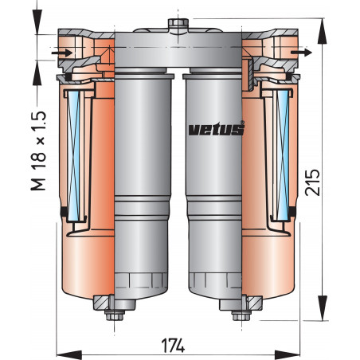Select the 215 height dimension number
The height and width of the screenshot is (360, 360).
313,183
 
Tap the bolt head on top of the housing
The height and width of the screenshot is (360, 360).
177,23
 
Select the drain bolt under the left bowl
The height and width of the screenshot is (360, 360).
109,307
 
